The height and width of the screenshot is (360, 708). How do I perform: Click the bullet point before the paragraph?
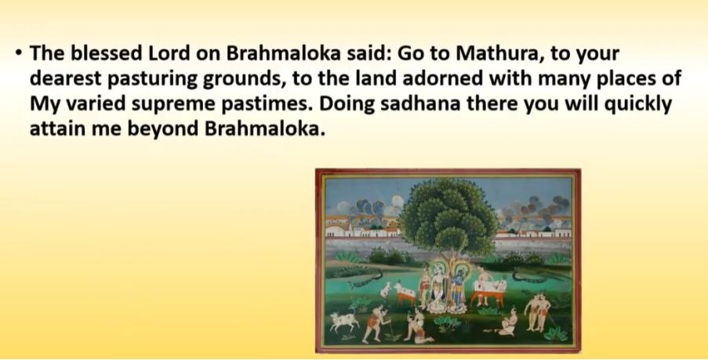[19, 53]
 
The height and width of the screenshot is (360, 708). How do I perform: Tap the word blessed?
[107, 53]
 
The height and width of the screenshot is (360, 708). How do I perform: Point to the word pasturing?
[153, 79]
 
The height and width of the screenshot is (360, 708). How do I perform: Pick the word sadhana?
[420, 104]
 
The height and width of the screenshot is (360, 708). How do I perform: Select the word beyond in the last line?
[163, 129]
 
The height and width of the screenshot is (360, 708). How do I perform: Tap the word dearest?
[66, 78]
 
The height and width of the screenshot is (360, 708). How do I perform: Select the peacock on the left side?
[367, 278]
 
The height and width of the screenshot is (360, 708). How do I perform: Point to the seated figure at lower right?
[506, 322]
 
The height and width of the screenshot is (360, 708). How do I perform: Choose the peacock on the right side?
[529, 276]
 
